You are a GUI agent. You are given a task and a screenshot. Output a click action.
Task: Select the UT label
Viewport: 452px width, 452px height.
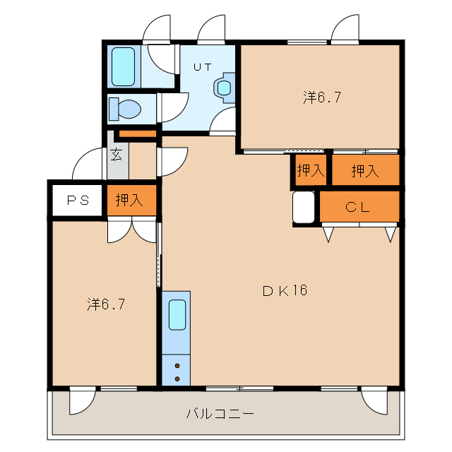[203, 68]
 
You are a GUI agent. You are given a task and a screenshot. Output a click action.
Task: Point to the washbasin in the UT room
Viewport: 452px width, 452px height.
[223, 88]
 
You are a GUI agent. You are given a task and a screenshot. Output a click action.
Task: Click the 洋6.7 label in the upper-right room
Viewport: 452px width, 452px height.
[323, 98]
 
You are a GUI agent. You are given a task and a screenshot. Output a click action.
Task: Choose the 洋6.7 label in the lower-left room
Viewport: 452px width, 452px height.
[107, 304]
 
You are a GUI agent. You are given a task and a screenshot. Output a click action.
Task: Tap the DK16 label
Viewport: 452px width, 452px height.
[285, 290]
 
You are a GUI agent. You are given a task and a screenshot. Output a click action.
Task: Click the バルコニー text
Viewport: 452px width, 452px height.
[220, 413]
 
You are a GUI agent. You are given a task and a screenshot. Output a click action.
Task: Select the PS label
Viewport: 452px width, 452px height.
[78, 200]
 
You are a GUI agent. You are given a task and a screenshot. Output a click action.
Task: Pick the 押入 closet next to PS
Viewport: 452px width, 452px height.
[130, 200]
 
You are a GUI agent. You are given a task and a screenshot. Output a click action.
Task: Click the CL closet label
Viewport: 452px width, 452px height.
[359, 206]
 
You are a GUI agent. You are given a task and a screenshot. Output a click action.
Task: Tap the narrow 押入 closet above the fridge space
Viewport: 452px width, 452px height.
[309, 170]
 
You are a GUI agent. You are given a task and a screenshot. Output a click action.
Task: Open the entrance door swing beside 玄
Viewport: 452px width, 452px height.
[88, 166]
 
